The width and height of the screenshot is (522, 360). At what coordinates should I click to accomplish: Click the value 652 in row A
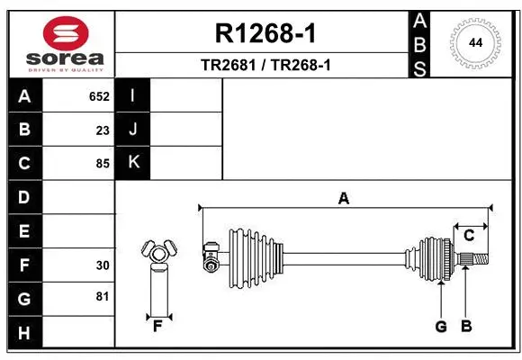(99, 95)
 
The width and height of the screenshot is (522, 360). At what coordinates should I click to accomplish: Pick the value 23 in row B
(103, 130)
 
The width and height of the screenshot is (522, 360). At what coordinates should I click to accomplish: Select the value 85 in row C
(103, 164)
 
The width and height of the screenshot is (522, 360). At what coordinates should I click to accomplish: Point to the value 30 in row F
(103, 265)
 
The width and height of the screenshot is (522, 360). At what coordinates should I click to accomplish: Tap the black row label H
(24, 334)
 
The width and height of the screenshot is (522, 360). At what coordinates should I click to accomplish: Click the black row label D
(24, 197)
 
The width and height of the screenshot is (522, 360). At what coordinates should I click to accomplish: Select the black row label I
(133, 95)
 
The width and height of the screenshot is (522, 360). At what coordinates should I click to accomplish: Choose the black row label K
(133, 163)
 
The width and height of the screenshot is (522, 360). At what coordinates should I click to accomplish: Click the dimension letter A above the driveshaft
(343, 199)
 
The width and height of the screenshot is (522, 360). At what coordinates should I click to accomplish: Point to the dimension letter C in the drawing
(469, 235)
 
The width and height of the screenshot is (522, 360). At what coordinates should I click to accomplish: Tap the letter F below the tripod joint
(157, 326)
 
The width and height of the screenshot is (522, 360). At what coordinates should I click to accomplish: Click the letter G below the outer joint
(441, 326)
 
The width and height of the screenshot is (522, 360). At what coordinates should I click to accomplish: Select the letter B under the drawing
(466, 326)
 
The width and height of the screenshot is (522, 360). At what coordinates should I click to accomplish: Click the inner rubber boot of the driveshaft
(256, 251)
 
